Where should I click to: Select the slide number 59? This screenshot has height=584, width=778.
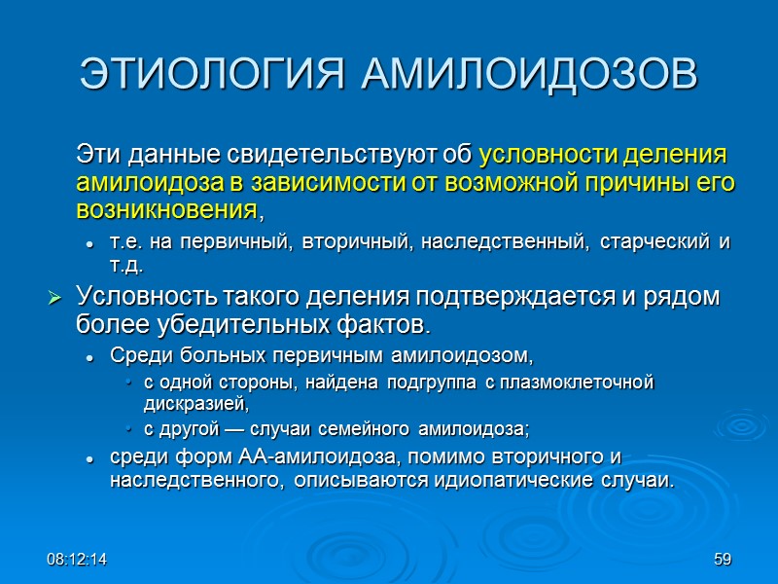click(x=722, y=560)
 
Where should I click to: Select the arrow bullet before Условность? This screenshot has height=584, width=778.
click(x=54, y=298)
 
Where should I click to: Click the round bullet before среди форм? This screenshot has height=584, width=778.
click(x=88, y=458)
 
